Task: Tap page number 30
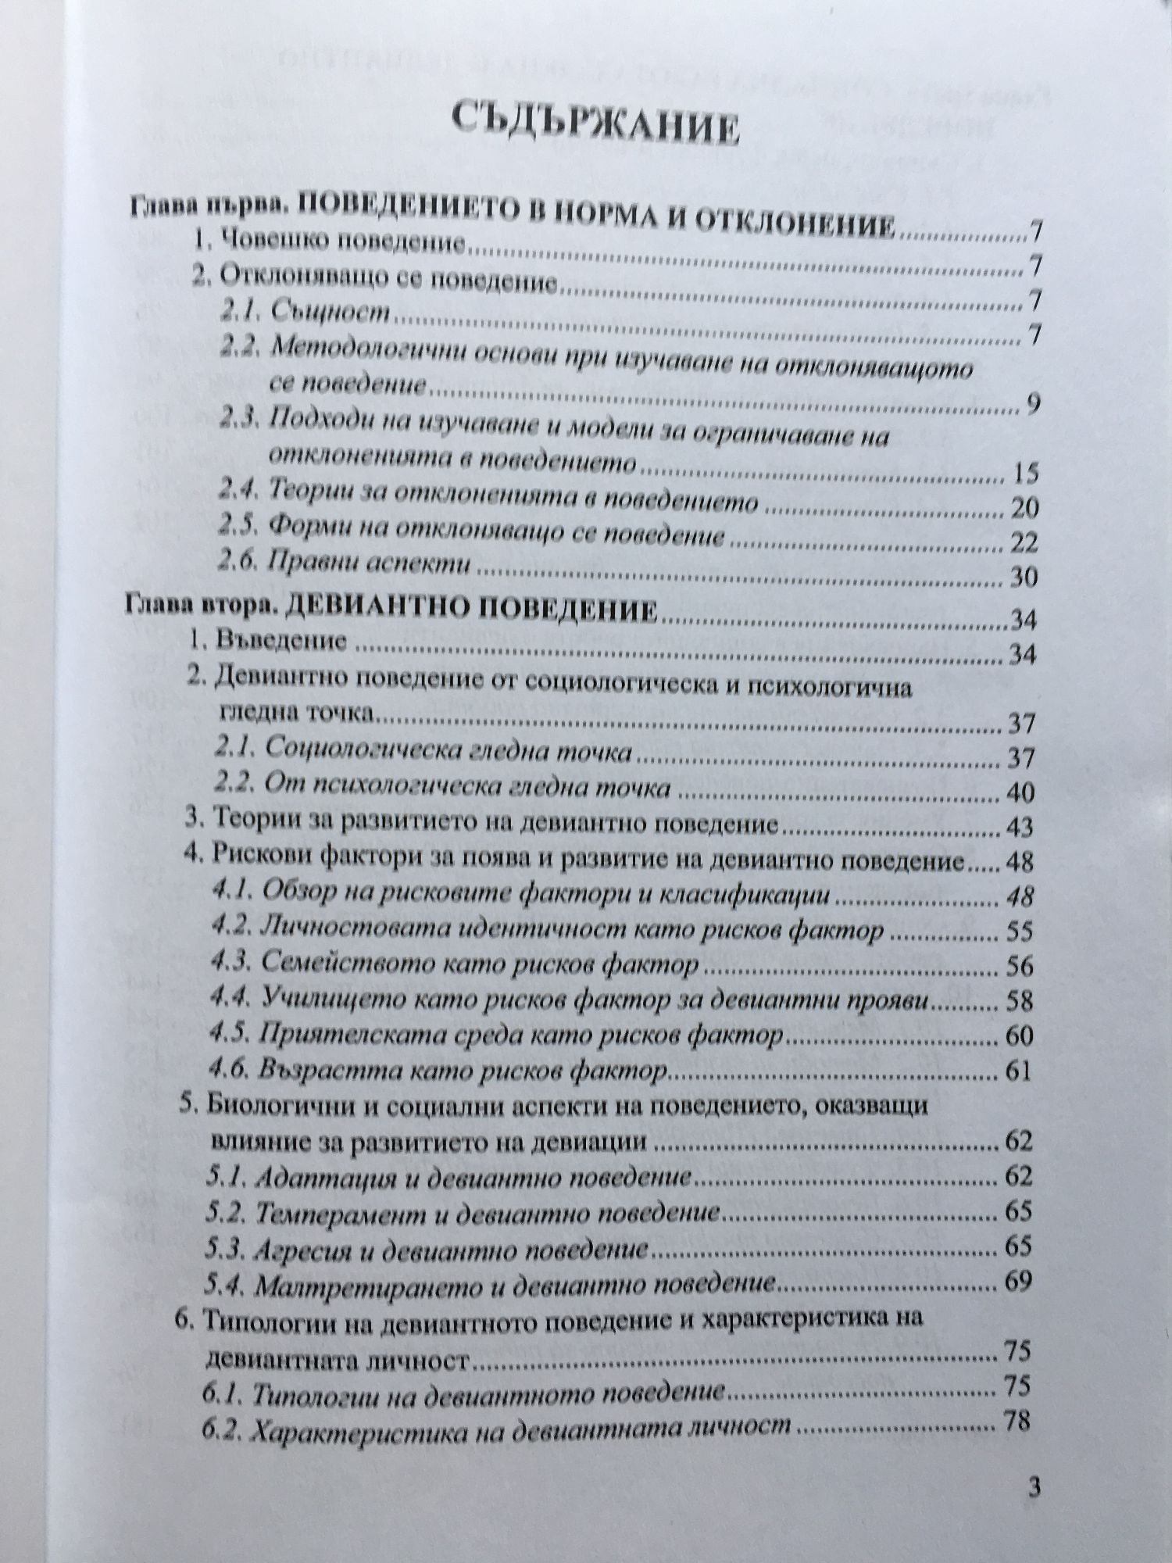click(1023, 577)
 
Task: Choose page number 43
click(1018, 827)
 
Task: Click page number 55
click(1018, 931)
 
